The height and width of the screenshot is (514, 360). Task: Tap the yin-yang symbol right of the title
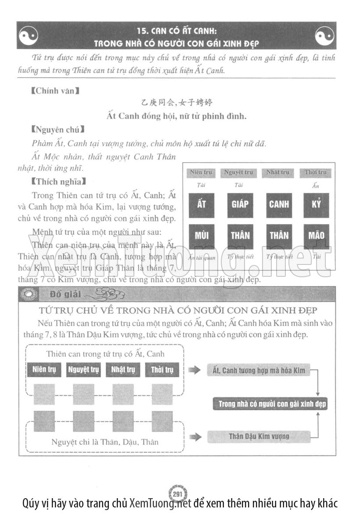pyautogui.click(x=324, y=35)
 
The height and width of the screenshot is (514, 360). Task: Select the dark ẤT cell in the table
pyautogui.click(x=202, y=205)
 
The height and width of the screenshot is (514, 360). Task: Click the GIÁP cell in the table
pyautogui.click(x=240, y=205)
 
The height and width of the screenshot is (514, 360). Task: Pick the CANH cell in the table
pyautogui.click(x=279, y=205)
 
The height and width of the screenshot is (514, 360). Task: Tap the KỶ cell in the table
pyautogui.click(x=316, y=205)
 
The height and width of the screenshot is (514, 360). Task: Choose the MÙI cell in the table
pyautogui.click(x=202, y=235)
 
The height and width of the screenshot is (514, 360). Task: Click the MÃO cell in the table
pyautogui.click(x=316, y=235)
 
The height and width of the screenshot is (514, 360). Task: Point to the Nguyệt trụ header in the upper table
pyautogui.click(x=238, y=172)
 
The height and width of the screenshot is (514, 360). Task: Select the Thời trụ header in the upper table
pyautogui.click(x=316, y=172)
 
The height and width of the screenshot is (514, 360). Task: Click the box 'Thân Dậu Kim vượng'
pyautogui.click(x=259, y=436)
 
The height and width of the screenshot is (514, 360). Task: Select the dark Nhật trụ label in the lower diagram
pyautogui.click(x=122, y=370)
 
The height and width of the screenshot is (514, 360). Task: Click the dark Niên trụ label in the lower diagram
pyautogui.click(x=44, y=370)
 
